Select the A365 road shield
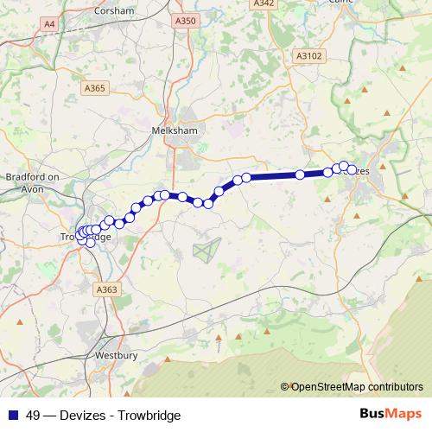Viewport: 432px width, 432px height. [x=95, y=87]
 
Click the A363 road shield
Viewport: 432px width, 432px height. [x=106, y=290]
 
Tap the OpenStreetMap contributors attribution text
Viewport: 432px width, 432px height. [x=356, y=386]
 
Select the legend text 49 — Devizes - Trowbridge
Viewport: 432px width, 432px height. [x=103, y=415]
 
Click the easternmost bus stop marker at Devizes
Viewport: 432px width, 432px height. [x=352, y=170]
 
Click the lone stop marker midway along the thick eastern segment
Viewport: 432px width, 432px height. [x=300, y=175]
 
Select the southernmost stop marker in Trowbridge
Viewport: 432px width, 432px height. [x=90, y=242]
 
